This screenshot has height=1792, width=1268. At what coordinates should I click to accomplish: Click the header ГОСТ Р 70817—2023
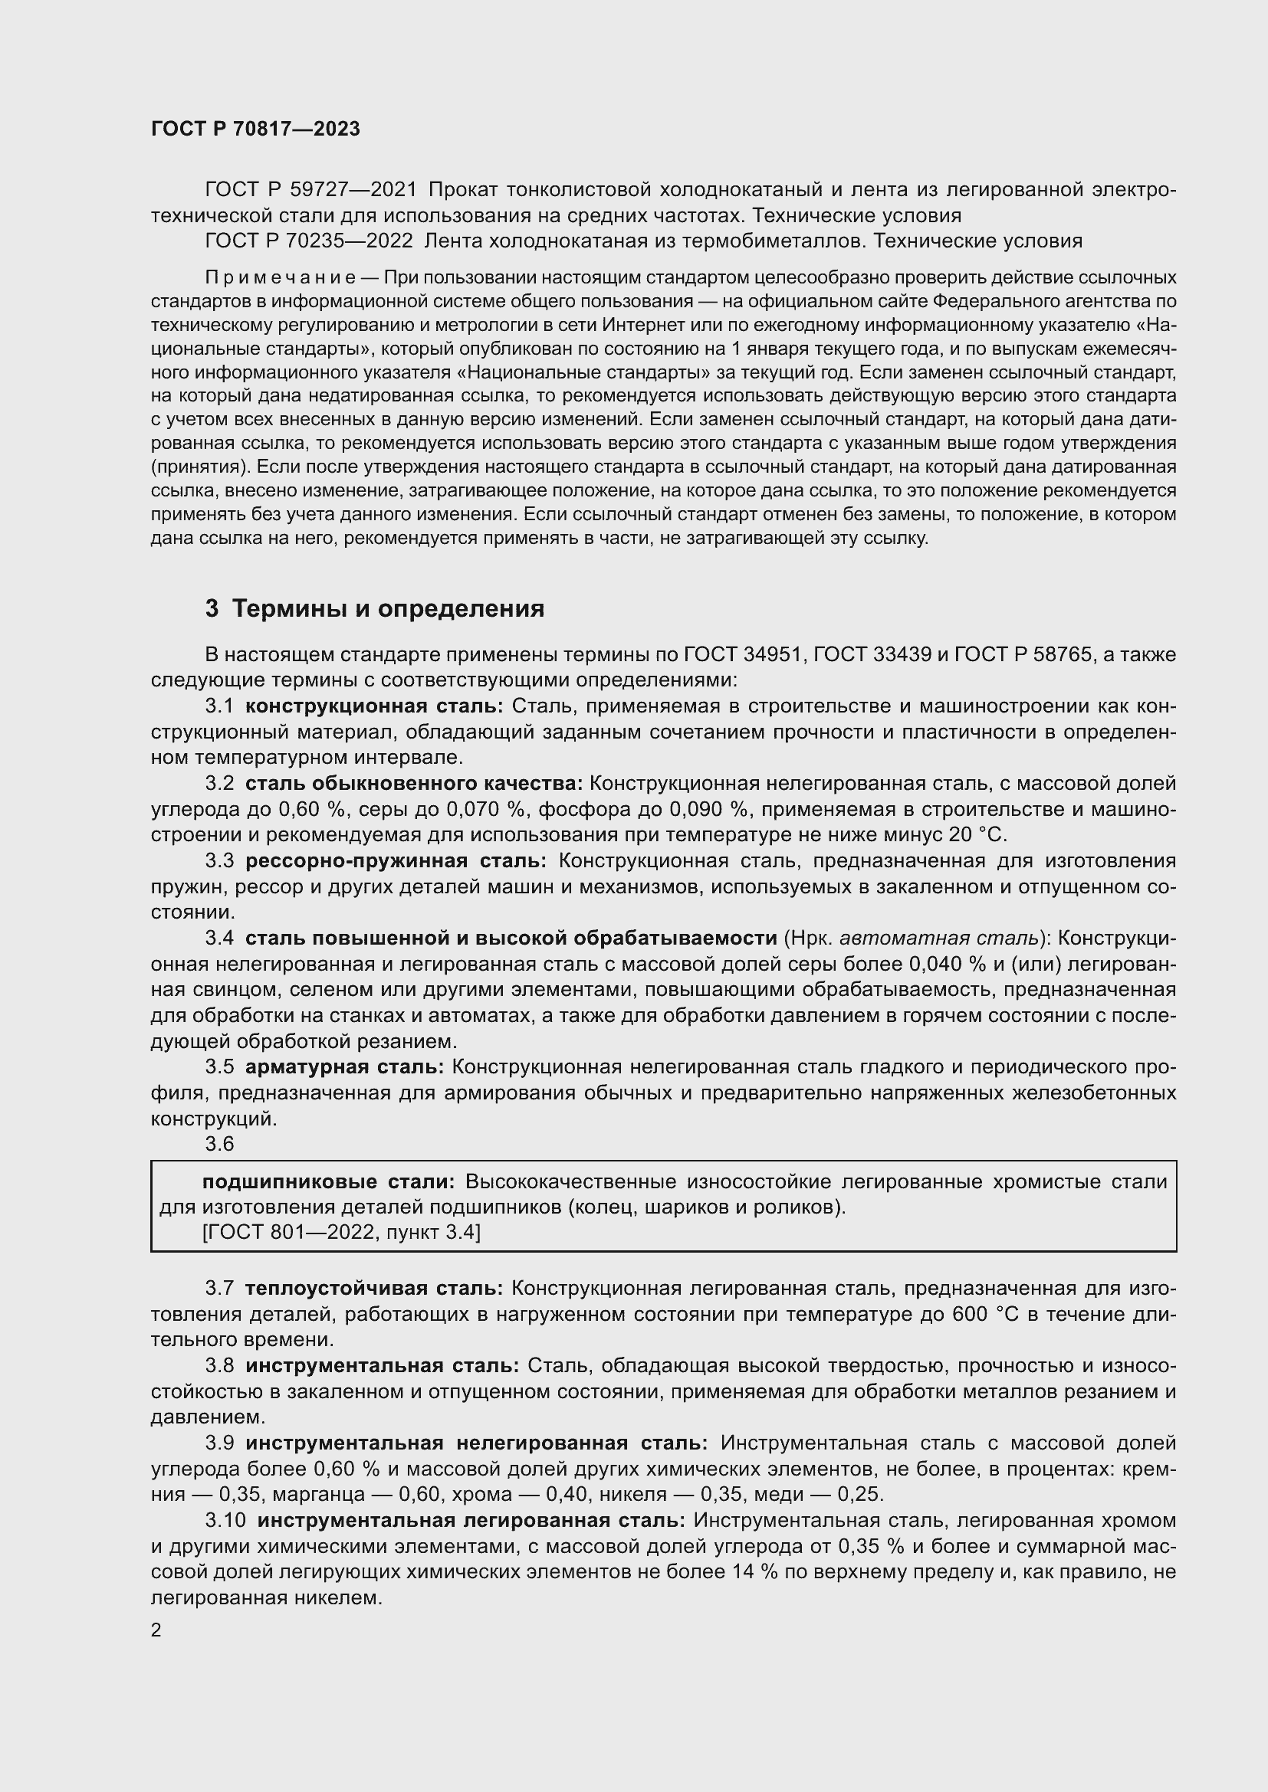tap(255, 129)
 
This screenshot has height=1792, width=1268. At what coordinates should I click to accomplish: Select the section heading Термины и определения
tap(388, 608)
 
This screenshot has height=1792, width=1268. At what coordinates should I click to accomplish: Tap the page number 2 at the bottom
tap(156, 1630)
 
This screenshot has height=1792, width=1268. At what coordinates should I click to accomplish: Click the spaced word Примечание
tap(280, 277)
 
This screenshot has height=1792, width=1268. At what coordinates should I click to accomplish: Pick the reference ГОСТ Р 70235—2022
tap(309, 241)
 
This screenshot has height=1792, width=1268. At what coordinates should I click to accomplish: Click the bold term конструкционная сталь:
tap(374, 706)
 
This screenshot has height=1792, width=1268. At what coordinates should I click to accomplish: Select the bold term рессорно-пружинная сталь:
tap(396, 861)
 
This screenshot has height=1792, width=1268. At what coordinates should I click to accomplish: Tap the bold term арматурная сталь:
tap(344, 1067)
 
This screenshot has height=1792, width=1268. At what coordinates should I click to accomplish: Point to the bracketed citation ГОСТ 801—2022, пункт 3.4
tap(341, 1233)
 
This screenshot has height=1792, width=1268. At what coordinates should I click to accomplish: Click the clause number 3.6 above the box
tap(219, 1144)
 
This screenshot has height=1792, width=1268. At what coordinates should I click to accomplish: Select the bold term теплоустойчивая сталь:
tap(374, 1288)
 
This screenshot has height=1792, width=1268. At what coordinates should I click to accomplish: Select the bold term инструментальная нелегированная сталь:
tap(476, 1443)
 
